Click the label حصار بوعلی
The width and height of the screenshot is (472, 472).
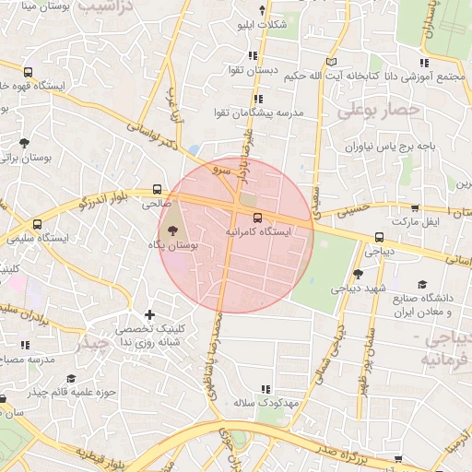click(x=378, y=111)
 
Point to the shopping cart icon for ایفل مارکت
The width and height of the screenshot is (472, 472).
click(x=415, y=208)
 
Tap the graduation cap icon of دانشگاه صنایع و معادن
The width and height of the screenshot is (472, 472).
click(x=422, y=284)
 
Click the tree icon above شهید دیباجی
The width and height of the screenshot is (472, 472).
click(x=358, y=273)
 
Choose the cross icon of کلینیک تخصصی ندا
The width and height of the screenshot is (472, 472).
click(x=149, y=314)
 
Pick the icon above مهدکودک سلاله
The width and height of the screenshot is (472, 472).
click(x=267, y=389)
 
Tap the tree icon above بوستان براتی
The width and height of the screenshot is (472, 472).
click(x=24, y=143)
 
